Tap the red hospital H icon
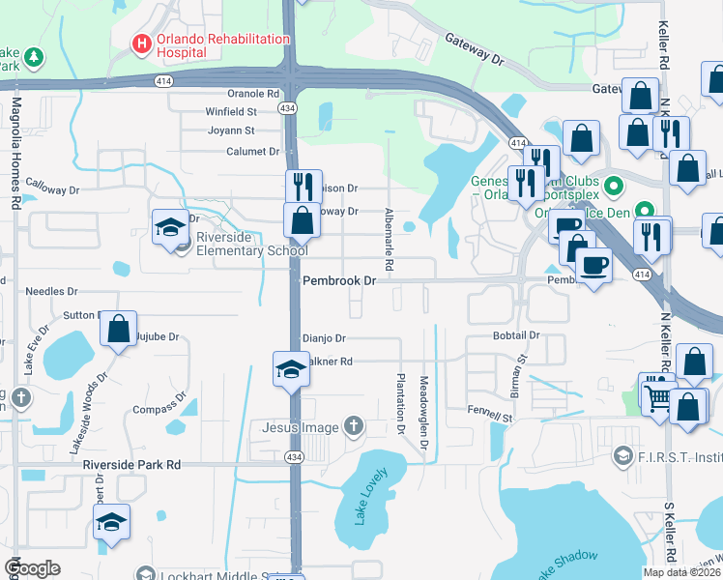tap(142, 43)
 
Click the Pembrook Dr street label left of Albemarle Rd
tap(338, 280)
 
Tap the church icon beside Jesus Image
tap(355, 426)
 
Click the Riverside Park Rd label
tap(131, 464)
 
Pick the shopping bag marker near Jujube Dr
tap(118, 329)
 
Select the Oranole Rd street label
tap(253, 94)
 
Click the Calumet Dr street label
tap(252, 152)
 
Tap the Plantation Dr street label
tap(399, 396)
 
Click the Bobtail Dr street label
tap(514, 335)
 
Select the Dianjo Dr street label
tap(324, 338)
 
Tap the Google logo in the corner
tap(32, 568)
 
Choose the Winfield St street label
tap(230, 112)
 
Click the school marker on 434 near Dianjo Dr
tap(291, 370)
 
